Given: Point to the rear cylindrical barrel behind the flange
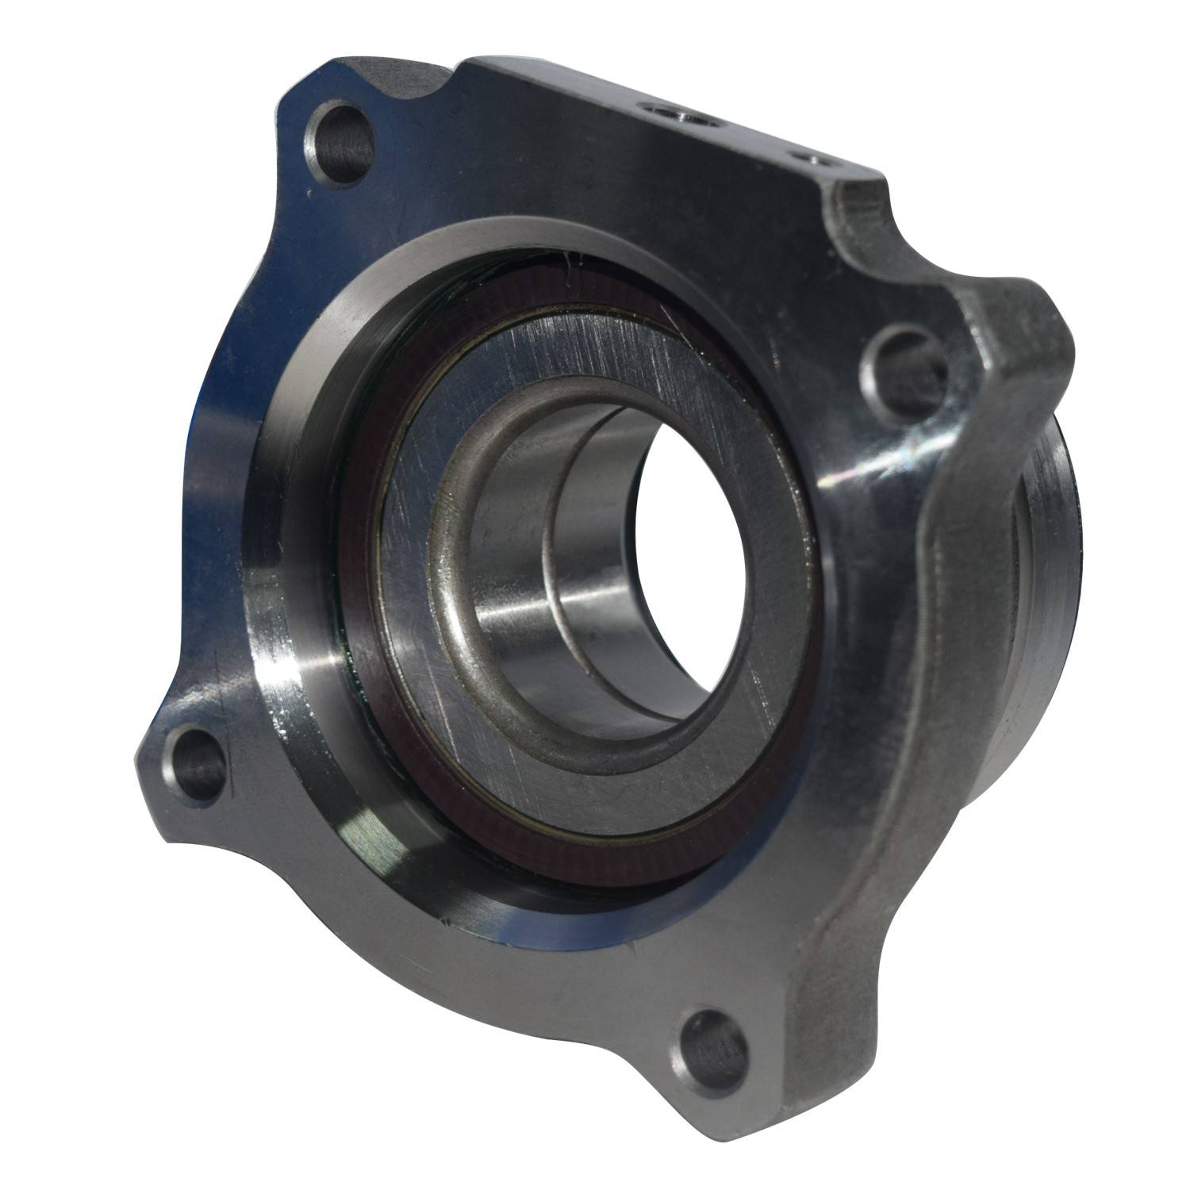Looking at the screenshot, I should click(1047, 555).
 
